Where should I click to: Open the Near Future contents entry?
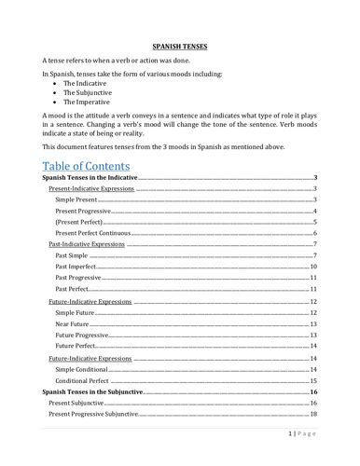(x=76, y=324)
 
